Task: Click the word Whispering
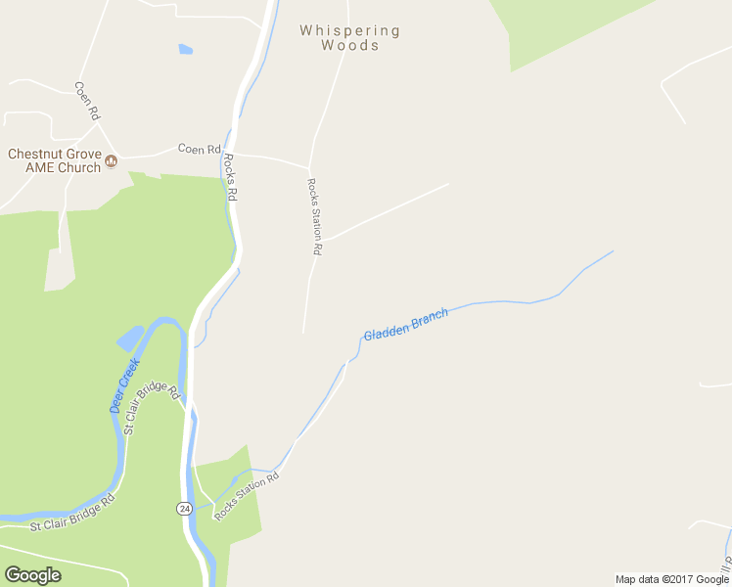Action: [x=349, y=30]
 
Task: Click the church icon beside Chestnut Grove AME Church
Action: [x=111, y=161]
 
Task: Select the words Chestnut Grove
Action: [x=53, y=154]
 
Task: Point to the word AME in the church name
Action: [x=23, y=167]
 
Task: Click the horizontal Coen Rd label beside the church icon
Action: [x=199, y=149]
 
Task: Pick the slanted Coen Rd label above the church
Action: [x=88, y=100]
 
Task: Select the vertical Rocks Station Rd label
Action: [x=314, y=216]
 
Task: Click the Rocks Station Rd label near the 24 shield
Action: [x=247, y=496]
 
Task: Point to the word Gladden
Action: [x=386, y=330]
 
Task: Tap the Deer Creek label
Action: [x=125, y=384]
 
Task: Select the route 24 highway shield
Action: [x=184, y=509]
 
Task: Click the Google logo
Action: [x=32, y=574]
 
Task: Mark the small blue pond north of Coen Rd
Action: [x=185, y=49]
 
